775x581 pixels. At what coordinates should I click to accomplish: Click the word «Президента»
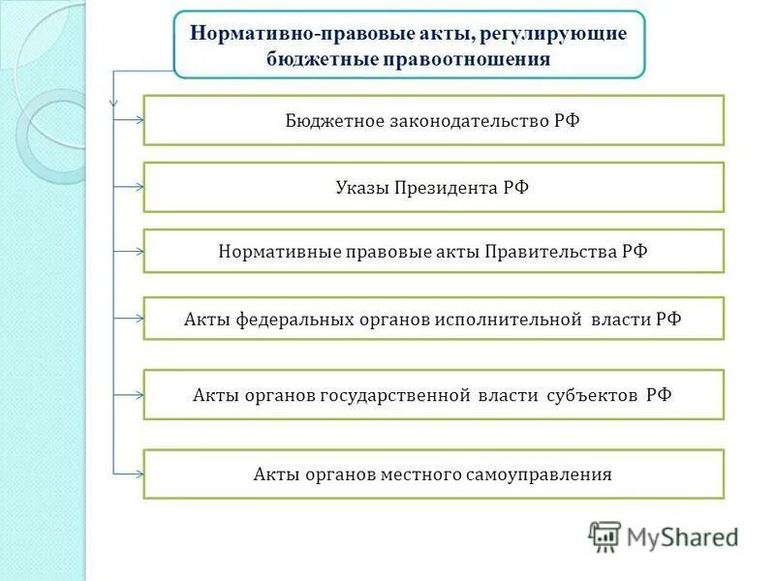pos(447,187)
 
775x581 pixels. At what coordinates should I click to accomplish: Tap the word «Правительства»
pos(548,251)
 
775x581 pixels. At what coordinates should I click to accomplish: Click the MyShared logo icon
pos(605,535)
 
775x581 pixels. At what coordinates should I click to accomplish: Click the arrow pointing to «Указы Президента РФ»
pos(130,187)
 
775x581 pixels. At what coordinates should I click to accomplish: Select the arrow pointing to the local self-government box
pos(130,474)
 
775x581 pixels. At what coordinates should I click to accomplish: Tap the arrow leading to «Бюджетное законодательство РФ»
pos(130,120)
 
